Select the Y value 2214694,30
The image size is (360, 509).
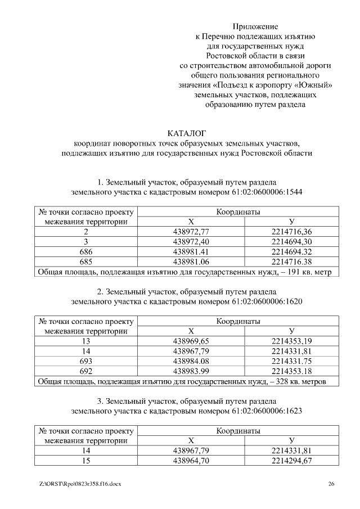(291, 242)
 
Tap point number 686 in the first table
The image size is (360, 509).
(86, 252)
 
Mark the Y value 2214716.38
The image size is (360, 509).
(291, 262)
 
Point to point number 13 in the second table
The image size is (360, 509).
(86, 341)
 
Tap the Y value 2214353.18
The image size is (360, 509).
(291, 371)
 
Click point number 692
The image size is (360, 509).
(86, 371)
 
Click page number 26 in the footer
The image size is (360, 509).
(332, 484)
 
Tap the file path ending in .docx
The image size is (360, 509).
(81, 484)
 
